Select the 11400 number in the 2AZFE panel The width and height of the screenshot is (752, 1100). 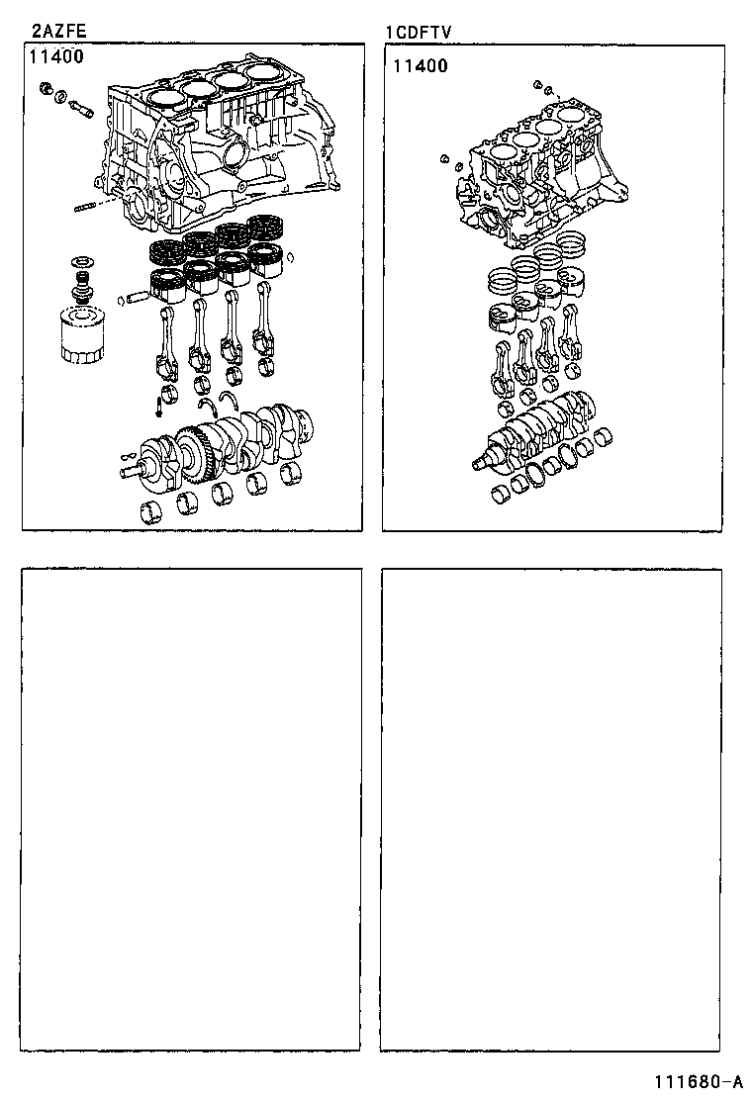(56, 56)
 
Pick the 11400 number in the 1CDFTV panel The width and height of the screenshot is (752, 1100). (420, 66)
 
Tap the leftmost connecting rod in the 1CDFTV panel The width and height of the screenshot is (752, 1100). (503, 366)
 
